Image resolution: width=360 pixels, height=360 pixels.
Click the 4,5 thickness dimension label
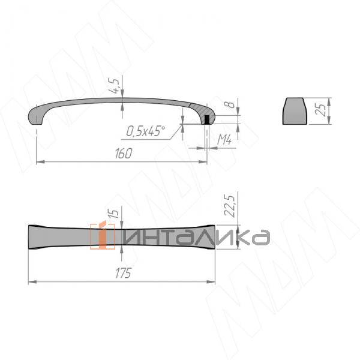[x=114, y=85]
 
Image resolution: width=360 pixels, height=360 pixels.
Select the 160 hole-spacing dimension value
[x=124, y=154]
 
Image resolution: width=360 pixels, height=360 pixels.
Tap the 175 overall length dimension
[x=123, y=273]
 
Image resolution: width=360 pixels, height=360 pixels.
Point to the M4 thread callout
[x=224, y=139]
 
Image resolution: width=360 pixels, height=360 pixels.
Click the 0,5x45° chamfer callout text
[x=146, y=131]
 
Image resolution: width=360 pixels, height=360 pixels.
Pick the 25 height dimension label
[x=320, y=110]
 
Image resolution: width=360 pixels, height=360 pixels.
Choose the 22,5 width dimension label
[x=230, y=206]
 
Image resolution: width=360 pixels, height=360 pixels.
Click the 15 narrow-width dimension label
[x=113, y=214]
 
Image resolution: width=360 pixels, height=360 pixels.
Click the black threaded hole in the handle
[x=207, y=119]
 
